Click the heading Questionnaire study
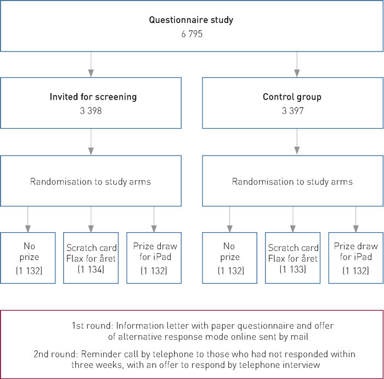pos(192,20)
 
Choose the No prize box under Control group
pos(229,257)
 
